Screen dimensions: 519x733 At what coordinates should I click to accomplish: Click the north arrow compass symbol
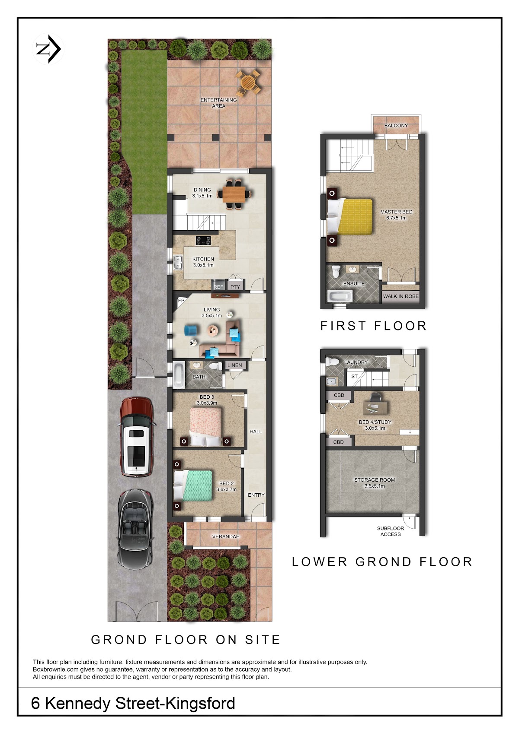pos(48,49)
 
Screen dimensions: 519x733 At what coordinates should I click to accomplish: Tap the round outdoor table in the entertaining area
pos(248,83)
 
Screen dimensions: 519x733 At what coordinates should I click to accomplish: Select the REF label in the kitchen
pos(218,287)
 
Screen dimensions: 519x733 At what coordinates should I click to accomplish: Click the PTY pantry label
pos(235,287)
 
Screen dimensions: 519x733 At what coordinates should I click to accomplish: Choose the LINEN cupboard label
pos(234,365)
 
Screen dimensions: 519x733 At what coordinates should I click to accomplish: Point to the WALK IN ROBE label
pos(401,296)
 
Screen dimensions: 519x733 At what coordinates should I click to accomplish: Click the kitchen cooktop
pos(203,241)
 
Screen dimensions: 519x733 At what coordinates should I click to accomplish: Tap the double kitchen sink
pos(178,263)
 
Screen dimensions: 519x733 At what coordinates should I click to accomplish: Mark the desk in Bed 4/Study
pos(375,407)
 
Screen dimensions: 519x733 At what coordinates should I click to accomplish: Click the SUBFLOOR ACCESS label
pos(391,531)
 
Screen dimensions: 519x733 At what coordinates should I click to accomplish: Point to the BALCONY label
pos(396,126)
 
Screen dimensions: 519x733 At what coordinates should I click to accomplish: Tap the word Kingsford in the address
pos(200,704)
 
